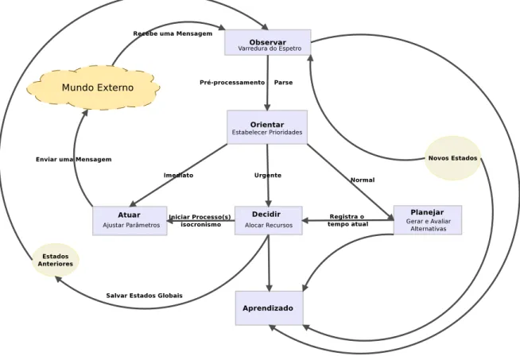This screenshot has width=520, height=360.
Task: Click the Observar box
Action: (268, 42)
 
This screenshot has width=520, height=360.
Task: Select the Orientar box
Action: (267, 127)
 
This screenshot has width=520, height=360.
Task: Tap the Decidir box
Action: (268, 220)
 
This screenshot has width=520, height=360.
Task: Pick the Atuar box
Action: (130, 221)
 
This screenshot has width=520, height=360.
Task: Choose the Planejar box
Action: (428, 220)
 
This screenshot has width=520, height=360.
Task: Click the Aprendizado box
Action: (269, 308)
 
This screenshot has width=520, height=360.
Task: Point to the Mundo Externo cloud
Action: (94, 87)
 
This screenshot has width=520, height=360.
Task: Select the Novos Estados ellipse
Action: (452, 158)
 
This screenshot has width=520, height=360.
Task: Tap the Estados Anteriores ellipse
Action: (56, 260)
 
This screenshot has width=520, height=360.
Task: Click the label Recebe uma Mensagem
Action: (173, 33)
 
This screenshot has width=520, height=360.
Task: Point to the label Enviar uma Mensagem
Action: (74, 160)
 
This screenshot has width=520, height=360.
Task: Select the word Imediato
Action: (178, 175)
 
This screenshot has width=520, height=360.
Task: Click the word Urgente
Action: (268, 175)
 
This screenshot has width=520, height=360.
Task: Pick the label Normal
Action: (363, 180)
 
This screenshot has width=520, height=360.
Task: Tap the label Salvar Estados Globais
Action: (144, 296)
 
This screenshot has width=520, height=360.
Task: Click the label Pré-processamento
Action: (232, 83)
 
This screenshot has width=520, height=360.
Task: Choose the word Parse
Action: (283, 83)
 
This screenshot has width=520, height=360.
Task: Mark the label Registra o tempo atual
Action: (347, 220)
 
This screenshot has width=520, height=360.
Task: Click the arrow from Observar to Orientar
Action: (268, 83)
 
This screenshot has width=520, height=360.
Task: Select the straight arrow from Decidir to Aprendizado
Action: (269, 263)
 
